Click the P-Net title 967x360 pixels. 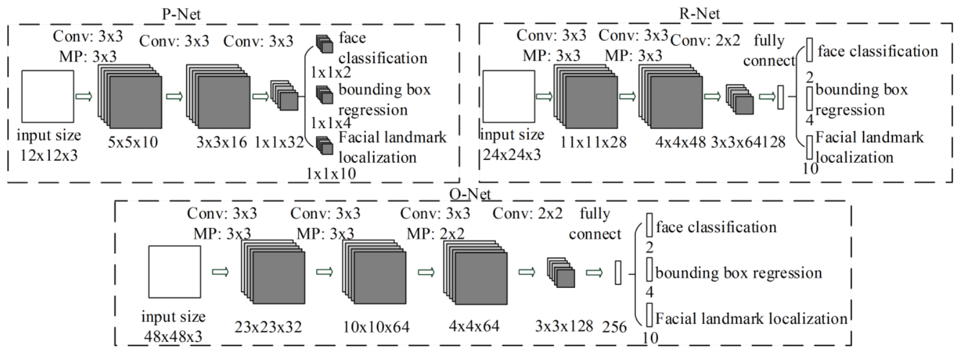pos(182,14)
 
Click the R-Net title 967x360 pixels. pos(700,13)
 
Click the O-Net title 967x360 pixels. pos(470,194)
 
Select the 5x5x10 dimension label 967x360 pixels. pos(133,142)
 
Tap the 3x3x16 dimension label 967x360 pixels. pos(221,142)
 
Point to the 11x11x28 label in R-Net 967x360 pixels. pos(593,142)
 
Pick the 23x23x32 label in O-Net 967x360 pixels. pos(268,327)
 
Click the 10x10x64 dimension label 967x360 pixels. pos(376,327)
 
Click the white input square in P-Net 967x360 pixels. pos(48,96)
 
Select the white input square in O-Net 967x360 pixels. pos(175,272)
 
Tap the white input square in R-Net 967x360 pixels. pos(508,96)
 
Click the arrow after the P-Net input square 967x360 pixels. pos(84,96)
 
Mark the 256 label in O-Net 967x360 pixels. pos(614,327)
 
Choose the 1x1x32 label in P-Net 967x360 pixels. pos(279,142)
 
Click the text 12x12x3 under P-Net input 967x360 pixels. pos(49,155)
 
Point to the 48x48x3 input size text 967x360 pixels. pos(172,336)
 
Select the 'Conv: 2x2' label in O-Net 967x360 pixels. pos(528,213)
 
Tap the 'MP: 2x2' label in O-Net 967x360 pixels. pos(436,234)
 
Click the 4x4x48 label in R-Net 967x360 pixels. pos(680,142)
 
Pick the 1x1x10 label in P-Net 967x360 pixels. pos(331,174)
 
